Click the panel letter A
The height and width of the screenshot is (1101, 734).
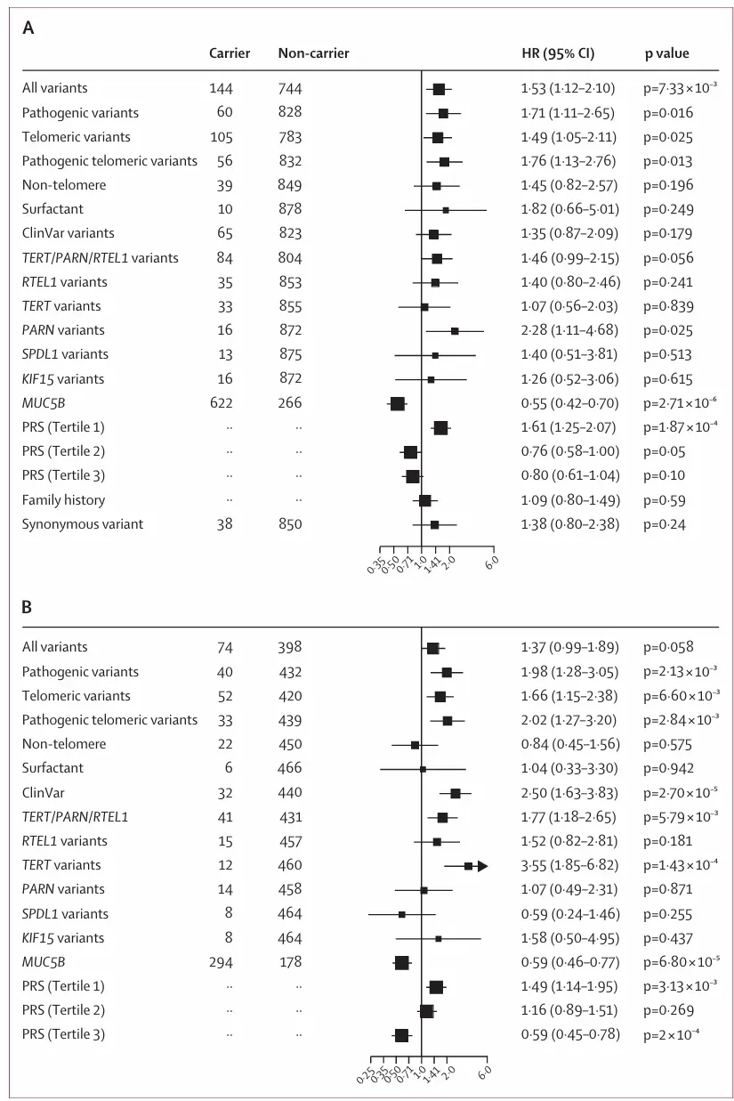click(x=28, y=28)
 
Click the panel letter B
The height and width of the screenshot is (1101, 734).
click(x=28, y=608)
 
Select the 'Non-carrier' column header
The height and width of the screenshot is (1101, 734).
click(x=313, y=53)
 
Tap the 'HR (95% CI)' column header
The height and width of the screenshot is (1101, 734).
click(x=557, y=53)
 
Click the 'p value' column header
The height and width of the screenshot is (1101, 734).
click(x=666, y=53)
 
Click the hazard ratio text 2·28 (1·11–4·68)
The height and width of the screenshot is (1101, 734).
click(x=567, y=330)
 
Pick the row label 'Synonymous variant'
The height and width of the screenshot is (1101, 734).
click(x=82, y=524)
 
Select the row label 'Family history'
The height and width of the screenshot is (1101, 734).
click(x=63, y=500)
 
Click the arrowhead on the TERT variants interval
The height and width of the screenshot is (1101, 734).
click(x=483, y=866)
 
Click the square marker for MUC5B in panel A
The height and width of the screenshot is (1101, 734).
click(x=398, y=404)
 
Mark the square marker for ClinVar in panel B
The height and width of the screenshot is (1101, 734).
click(x=456, y=793)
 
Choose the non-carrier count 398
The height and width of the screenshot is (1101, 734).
click(x=289, y=647)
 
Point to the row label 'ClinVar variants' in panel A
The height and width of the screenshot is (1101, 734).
click(x=69, y=233)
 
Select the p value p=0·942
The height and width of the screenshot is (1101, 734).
click(x=668, y=768)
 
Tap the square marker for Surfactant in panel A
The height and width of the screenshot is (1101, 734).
click(x=446, y=210)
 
